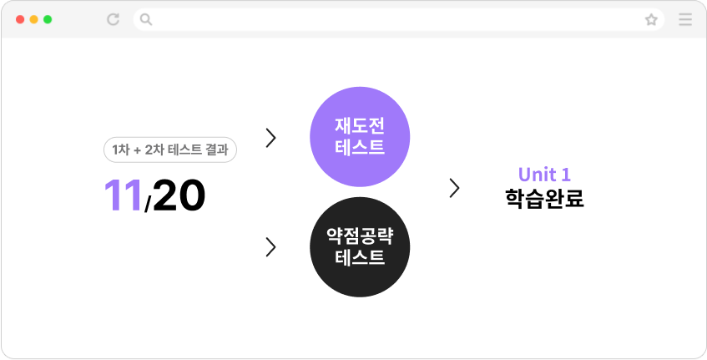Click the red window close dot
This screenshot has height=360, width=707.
click(x=20, y=19)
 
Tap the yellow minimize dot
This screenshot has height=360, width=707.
click(x=34, y=19)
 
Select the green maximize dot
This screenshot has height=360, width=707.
click(x=48, y=19)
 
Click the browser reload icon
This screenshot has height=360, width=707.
click(x=113, y=19)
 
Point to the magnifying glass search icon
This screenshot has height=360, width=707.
click(x=145, y=19)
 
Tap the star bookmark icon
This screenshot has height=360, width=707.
click(x=651, y=19)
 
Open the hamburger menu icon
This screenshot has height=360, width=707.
click(x=685, y=19)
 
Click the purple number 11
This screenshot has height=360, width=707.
click(x=123, y=195)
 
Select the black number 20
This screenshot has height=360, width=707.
click(x=179, y=195)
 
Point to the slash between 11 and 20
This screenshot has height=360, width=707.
click(x=148, y=204)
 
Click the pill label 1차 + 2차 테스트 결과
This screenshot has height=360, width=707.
click(x=170, y=150)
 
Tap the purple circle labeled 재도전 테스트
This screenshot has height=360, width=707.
click(x=360, y=137)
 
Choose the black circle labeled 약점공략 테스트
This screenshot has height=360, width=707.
click(x=360, y=246)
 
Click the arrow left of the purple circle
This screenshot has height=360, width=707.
click(x=270, y=138)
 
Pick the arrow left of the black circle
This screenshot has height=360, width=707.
click(x=270, y=247)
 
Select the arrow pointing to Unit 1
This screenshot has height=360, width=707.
click(x=454, y=188)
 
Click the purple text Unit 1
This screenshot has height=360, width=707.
click(x=544, y=175)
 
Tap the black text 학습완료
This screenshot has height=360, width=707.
click(x=544, y=199)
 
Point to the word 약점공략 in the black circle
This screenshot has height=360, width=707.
click(x=360, y=236)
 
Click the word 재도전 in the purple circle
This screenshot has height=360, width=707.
click(x=360, y=126)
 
